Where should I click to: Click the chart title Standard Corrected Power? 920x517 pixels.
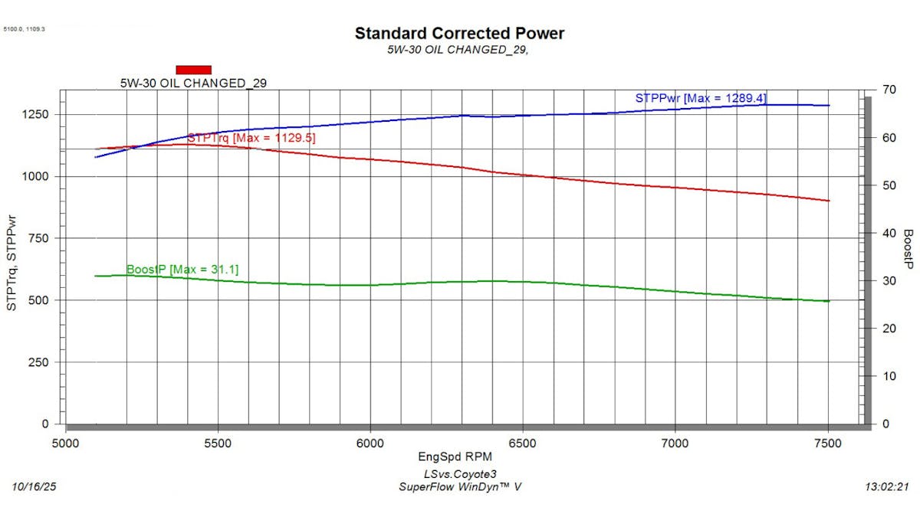pyautogui.click(x=459, y=34)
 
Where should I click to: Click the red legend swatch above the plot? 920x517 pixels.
pyautogui.click(x=193, y=70)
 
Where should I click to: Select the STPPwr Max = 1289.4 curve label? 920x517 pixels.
pyautogui.click(x=701, y=98)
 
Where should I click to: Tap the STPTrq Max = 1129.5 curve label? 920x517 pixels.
pyautogui.click(x=251, y=138)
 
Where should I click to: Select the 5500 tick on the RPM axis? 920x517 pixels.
pyautogui.click(x=218, y=443)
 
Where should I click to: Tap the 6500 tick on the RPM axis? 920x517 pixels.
pyautogui.click(x=522, y=443)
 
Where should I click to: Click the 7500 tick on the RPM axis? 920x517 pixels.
pyautogui.click(x=827, y=443)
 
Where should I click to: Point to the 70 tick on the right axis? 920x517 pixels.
pyautogui.click(x=889, y=90)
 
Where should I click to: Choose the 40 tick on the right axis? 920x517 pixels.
pyautogui.click(x=889, y=233)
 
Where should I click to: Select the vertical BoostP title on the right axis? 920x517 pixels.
pyautogui.click(x=908, y=249)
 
